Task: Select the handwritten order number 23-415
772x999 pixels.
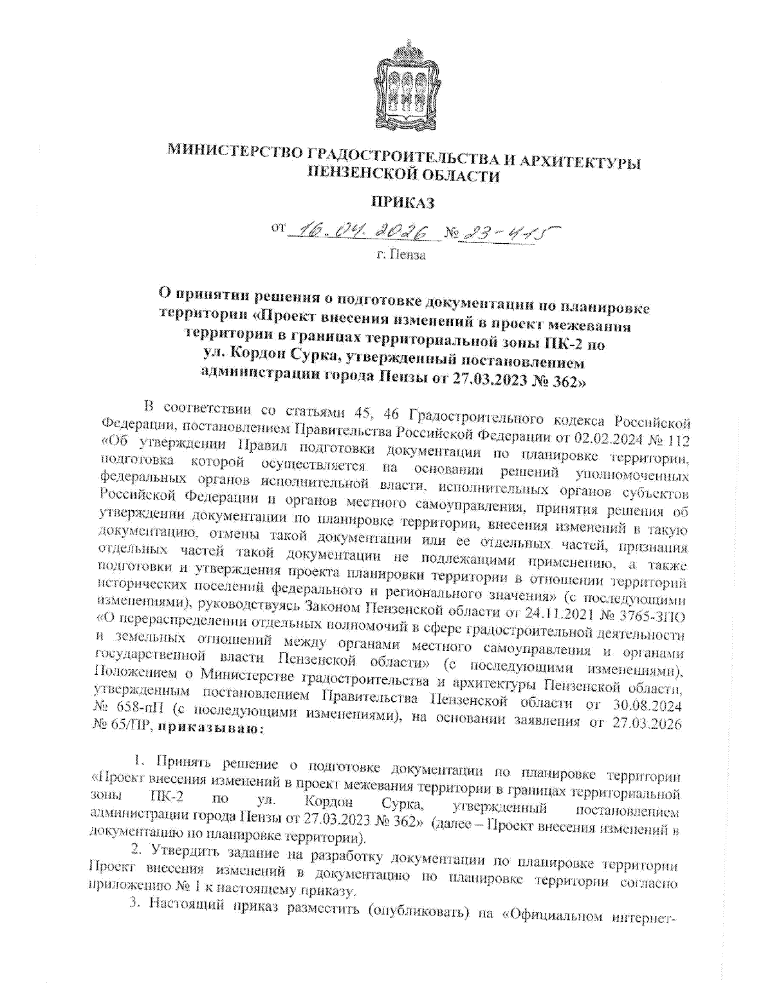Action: pos(506,232)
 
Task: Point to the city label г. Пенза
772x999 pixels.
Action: pos(401,256)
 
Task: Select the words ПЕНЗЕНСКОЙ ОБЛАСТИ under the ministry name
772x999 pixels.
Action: pos(403,174)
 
